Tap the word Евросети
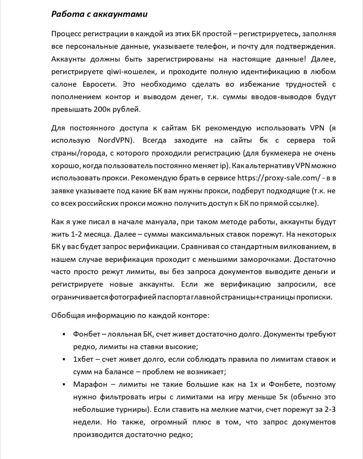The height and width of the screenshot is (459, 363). (99, 84)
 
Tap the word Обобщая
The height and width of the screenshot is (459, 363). (68, 316)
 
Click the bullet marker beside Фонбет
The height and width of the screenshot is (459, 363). (64, 335)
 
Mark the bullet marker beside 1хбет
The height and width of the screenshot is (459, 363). (64, 359)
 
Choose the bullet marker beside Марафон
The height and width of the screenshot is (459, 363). (64, 385)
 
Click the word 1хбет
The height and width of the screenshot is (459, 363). (83, 359)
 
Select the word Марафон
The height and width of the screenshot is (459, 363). (90, 385)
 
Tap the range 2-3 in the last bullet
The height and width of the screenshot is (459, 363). (330, 410)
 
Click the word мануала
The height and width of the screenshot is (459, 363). (163, 222)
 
